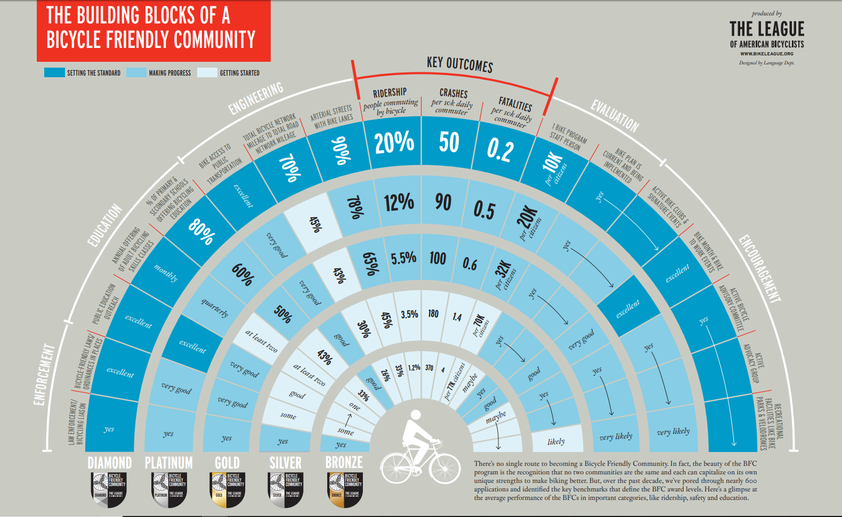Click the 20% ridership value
[394, 143]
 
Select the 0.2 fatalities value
[500, 150]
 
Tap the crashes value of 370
[429, 367]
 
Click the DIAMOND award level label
[110, 463]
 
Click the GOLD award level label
[227, 463]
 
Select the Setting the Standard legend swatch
[54, 72]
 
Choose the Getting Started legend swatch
[207, 72]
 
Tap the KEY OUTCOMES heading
[459, 64]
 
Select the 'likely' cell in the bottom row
[556, 441]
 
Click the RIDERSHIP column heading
[390, 93]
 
